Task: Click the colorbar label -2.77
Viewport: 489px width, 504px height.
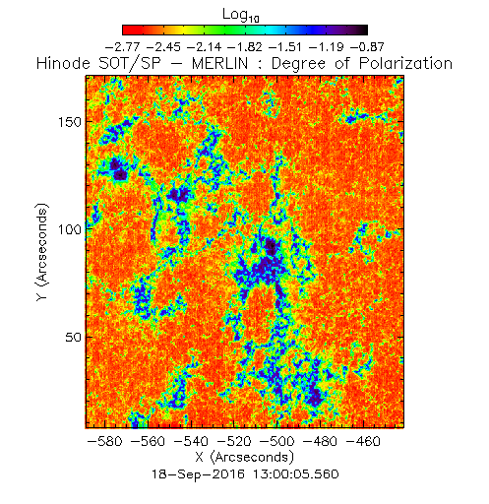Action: [x=122, y=47]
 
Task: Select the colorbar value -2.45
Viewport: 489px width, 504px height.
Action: [x=163, y=47]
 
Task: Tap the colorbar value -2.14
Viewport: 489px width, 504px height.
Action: [x=205, y=47]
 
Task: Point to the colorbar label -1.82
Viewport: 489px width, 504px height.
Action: [x=245, y=47]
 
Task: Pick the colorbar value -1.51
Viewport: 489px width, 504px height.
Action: [x=286, y=47]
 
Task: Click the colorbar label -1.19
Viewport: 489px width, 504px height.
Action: [x=327, y=47]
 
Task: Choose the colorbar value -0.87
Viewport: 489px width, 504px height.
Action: [x=367, y=47]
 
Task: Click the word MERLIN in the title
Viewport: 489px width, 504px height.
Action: [x=219, y=63]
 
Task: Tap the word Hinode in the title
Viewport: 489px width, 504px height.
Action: [x=63, y=63]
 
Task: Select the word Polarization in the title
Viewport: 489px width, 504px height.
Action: [x=406, y=63]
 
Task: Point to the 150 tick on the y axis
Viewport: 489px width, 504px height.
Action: [x=70, y=122]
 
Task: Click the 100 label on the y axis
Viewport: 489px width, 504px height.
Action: [x=70, y=229]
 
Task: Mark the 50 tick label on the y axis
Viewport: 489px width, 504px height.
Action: [x=74, y=338]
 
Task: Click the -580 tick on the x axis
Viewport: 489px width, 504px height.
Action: [x=105, y=441]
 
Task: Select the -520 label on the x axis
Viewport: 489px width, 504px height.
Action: [x=234, y=441]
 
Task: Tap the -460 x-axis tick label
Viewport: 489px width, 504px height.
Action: [x=363, y=441]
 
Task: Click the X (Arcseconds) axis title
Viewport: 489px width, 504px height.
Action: [x=245, y=457]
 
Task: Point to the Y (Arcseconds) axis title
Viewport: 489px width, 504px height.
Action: [x=42, y=252]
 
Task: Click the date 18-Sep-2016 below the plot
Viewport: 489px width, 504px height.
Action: [x=198, y=474]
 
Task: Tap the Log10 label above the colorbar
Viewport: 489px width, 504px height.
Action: [x=241, y=15]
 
